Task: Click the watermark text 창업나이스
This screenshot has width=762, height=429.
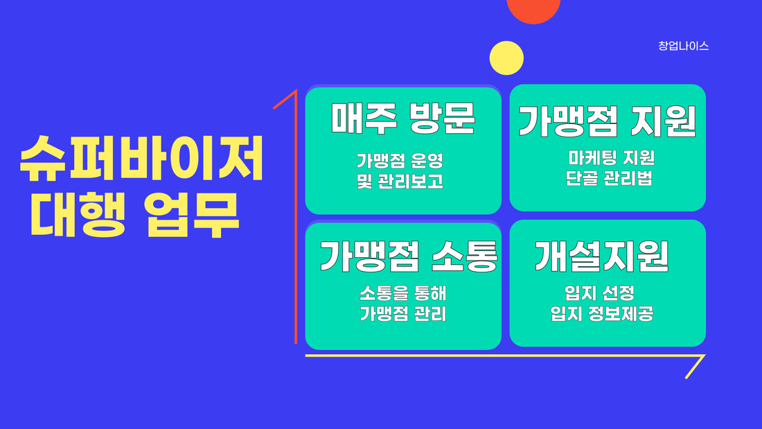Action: [683, 46]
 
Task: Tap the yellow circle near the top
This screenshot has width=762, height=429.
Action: [506, 58]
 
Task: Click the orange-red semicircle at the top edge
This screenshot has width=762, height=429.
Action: [533, 10]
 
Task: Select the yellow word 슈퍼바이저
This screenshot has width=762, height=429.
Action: [141, 158]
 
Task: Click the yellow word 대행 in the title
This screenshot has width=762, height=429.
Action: [78, 214]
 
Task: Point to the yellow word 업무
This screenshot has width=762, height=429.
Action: [191, 214]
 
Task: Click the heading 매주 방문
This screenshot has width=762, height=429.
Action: [403, 119]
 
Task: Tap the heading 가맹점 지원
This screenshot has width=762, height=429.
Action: [608, 121]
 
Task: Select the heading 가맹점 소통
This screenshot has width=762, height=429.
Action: [409, 256]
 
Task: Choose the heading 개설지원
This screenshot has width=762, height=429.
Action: [601, 256]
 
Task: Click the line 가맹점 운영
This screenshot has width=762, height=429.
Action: [400, 161]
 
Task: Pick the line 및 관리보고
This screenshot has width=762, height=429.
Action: [400, 182]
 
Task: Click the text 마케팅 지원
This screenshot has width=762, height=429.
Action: [612, 157]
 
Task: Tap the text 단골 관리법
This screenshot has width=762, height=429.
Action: [609, 178]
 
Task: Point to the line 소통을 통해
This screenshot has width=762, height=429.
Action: [403, 293]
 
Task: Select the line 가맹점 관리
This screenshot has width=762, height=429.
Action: [403, 314]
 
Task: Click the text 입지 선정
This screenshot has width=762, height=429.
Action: [599, 292]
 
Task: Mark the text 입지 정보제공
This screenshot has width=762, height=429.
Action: [601, 314]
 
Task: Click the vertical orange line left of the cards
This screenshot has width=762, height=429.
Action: [296, 216]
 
